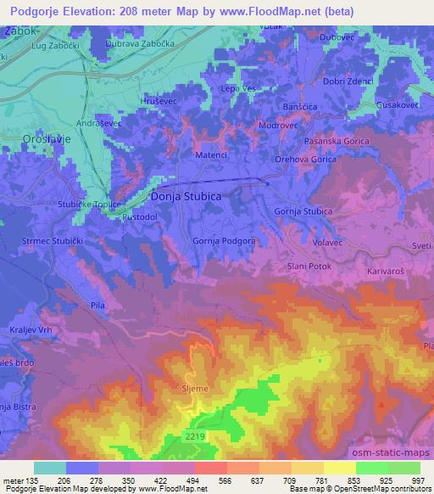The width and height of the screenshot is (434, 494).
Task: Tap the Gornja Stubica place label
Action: coord(303,211)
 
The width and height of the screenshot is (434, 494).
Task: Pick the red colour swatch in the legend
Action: coord(209,468)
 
